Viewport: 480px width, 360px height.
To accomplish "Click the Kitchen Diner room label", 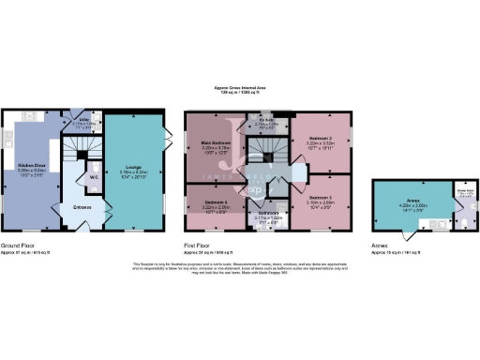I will tap(32, 166).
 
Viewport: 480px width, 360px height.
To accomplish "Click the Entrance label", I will tap(82, 208).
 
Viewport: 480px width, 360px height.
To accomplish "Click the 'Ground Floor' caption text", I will tap(20, 245).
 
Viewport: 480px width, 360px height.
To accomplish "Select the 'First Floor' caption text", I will tap(202, 245).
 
